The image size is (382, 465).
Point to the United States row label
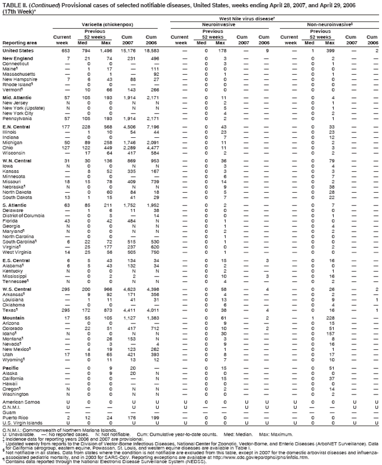[17, 50]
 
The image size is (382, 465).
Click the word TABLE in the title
[12, 5]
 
